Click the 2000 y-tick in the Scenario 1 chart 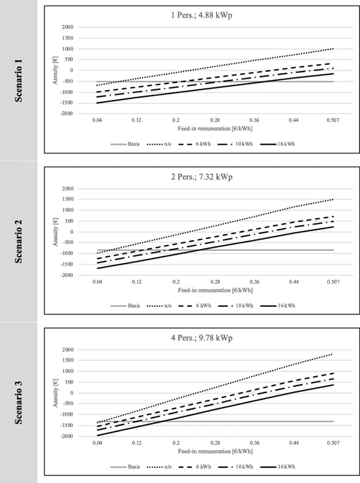point(67,28)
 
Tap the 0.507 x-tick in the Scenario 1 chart point(334,119)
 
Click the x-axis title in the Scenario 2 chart point(215,291)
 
